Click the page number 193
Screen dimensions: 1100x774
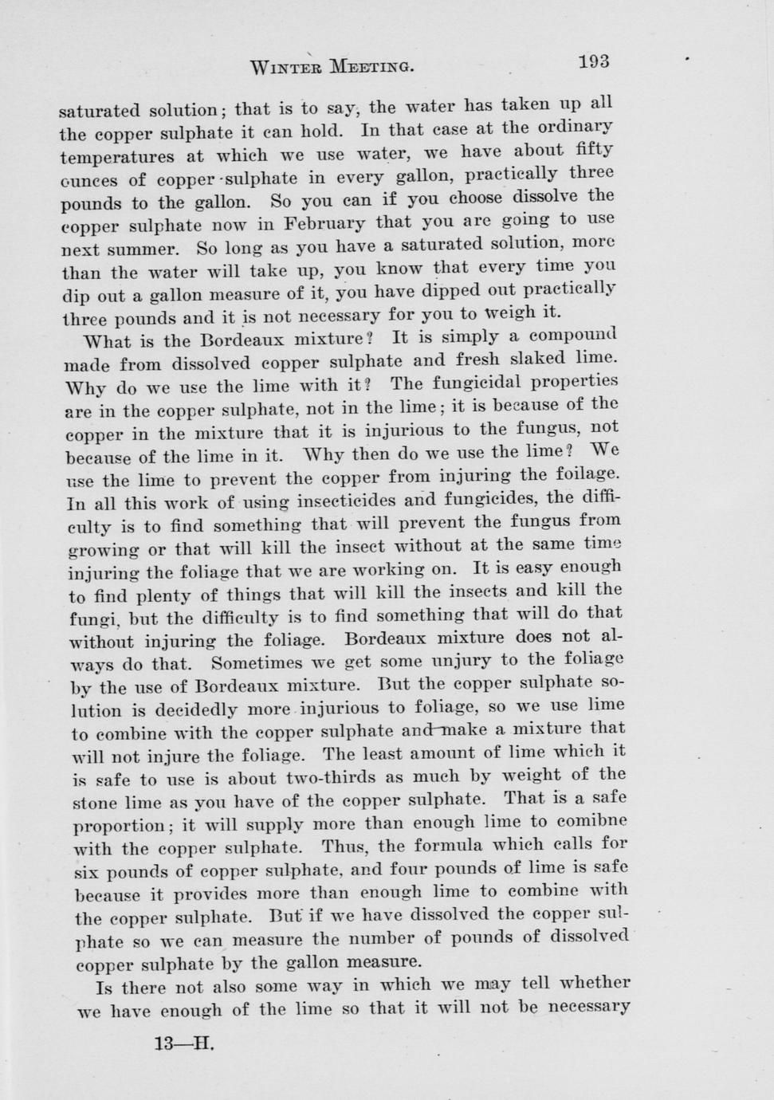[594, 61]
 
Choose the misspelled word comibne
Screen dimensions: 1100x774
[591, 821]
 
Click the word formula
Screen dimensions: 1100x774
[459, 844]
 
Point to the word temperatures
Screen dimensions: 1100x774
[116, 156]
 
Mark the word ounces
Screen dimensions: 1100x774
[89, 180]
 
